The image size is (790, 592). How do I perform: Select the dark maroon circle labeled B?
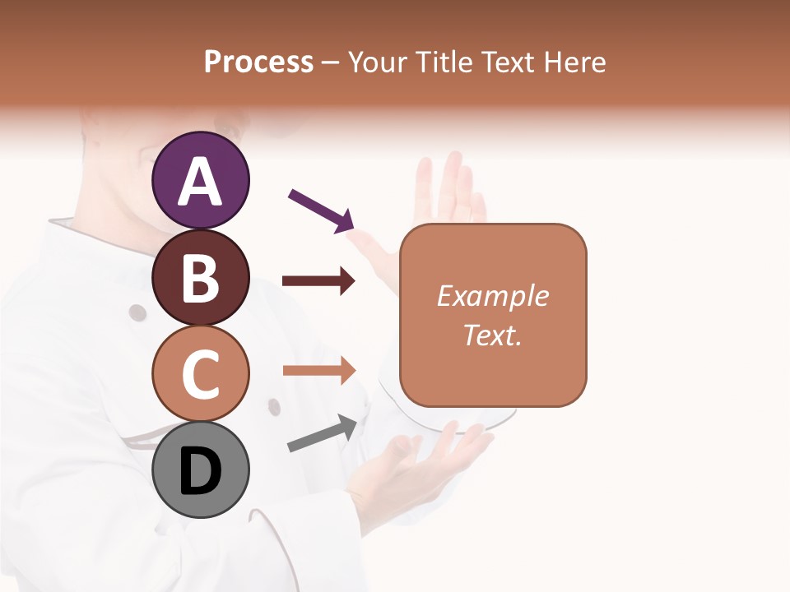[201, 278]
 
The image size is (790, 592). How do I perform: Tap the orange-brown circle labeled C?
[201, 373]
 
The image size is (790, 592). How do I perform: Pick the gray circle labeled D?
[201, 470]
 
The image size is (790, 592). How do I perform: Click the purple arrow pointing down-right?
[321, 210]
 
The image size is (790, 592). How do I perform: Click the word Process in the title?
[258, 62]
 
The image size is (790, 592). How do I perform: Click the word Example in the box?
[492, 296]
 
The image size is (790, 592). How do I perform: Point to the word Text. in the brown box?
[492, 335]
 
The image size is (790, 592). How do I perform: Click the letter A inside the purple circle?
[201, 181]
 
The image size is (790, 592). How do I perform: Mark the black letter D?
[201, 472]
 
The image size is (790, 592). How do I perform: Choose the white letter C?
[201, 375]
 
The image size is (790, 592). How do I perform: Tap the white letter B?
[201, 278]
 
